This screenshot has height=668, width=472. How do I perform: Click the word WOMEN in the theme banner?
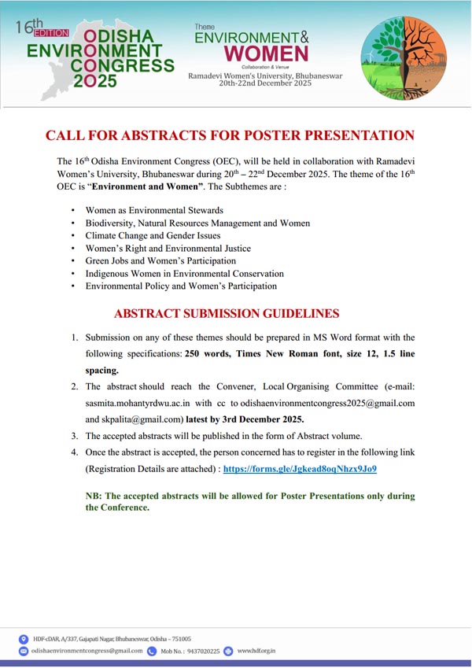[x=266, y=54]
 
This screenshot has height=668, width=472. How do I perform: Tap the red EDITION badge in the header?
[x=50, y=33]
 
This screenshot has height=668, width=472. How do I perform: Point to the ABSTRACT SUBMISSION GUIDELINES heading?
[x=227, y=313]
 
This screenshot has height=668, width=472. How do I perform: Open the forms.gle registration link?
[x=300, y=468]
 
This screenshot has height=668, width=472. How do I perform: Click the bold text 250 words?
[x=208, y=353]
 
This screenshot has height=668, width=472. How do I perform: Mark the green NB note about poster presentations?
[x=249, y=502]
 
